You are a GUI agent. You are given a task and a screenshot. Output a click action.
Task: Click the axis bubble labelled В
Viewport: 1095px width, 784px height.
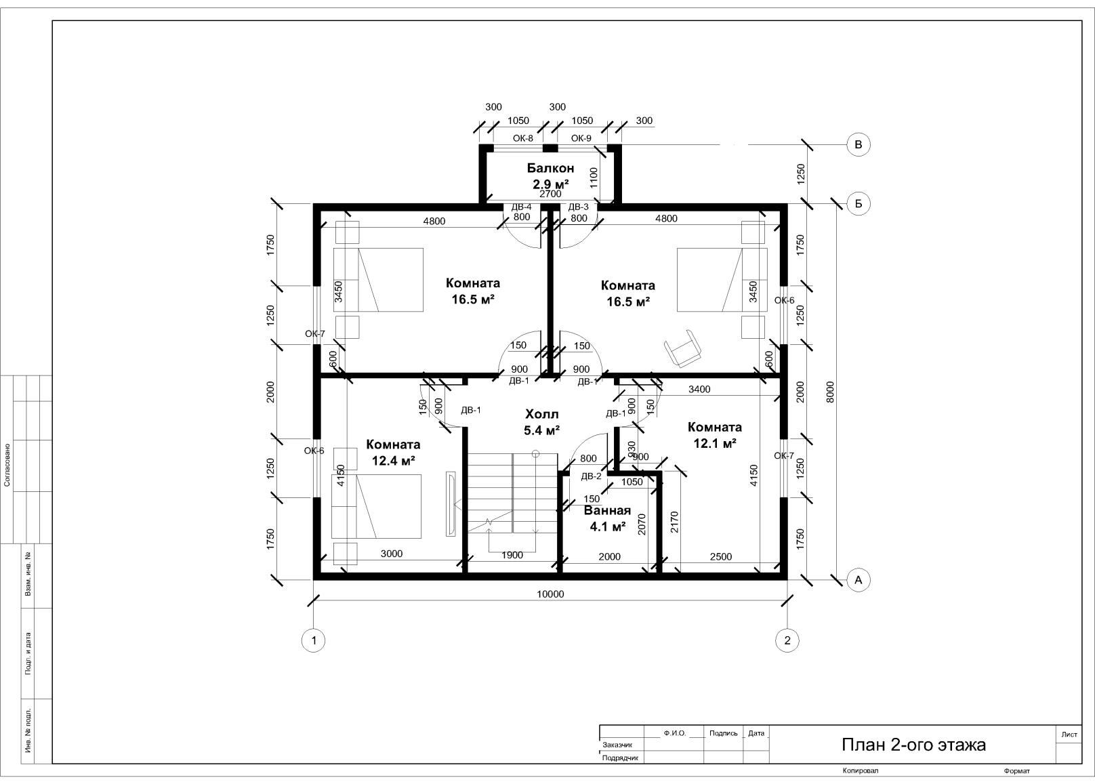pyautogui.click(x=859, y=145)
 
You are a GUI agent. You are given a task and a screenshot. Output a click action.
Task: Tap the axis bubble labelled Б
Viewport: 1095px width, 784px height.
pyautogui.click(x=859, y=203)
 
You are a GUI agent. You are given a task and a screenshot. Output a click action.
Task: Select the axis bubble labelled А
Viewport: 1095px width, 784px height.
pyautogui.click(x=859, y=579)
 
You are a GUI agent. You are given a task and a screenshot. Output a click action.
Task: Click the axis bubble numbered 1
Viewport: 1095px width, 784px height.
pyautogui.click(x=313, y=640)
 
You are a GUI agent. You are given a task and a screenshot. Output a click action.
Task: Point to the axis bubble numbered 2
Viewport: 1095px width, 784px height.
pyautogui.click(x=787, y=640)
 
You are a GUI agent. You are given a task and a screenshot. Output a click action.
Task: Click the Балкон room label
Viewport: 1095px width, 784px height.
pyautogui.click(x=550, y=168)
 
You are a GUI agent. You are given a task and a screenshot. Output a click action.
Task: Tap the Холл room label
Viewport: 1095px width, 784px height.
pyautogui.click(x=541, y=415)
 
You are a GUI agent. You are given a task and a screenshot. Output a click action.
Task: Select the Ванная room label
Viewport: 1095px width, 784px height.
pyautogui.click(x=608, y=510)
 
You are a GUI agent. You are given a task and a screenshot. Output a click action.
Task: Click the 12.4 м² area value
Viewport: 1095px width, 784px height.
pyautogui.click(x=394, y=460)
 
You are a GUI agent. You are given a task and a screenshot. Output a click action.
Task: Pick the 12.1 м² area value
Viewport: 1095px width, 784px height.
pyautogui.click(x=715, y=443)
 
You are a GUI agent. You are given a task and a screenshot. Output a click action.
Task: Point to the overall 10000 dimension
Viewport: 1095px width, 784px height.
pyautogui.click(x=550, y=594)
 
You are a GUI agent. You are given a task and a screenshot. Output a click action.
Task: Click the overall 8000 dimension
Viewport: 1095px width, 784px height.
pyautogui.click(x=830, y=392)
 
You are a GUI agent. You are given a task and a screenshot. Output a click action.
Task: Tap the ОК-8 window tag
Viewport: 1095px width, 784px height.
pyautogui.click(x=523, y=138)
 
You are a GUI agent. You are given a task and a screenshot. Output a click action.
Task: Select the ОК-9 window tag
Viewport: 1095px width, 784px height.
pyautogui.click(x=581, y=138)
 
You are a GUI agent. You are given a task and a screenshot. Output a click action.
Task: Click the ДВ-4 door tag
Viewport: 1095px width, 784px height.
pyautogui.click(x=521, y=207)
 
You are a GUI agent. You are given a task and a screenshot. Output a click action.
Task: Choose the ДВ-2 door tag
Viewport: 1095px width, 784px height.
pyautogui.click(x=591, y=476)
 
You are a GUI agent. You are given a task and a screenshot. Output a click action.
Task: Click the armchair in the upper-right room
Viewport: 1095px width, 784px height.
pyautogui.click(x=683, y=348)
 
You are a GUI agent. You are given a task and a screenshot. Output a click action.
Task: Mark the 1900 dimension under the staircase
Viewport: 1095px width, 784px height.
pyautogui.click(x=512, y=555)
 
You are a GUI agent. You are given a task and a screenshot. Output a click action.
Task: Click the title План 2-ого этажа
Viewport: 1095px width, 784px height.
pyautogui.click(x=913, y=745)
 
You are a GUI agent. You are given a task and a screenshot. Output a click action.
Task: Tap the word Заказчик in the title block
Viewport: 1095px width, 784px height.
pyautogui.click(x=617, y=745)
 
